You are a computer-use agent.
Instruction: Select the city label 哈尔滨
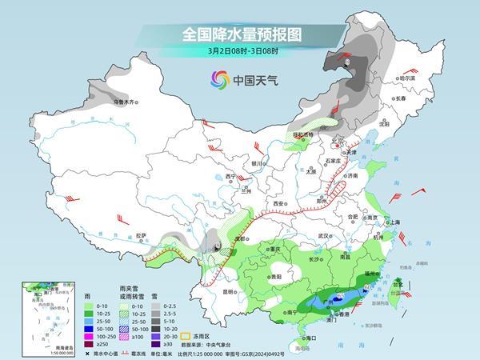coord(408,78)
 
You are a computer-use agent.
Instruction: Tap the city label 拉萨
coord(141,235)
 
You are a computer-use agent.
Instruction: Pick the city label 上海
coord(394,222)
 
